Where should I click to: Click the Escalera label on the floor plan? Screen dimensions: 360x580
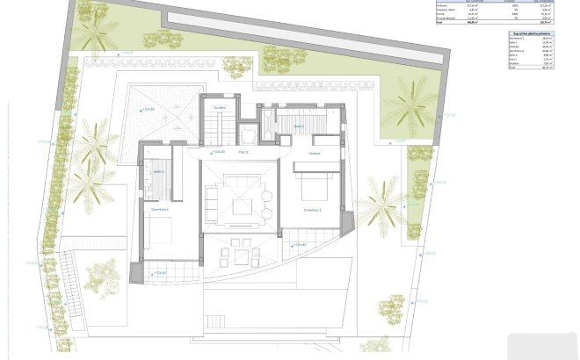point(221,108)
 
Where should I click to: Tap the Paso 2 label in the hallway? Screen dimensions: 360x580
point(243,153)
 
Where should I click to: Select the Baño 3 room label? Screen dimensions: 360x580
point(299,126)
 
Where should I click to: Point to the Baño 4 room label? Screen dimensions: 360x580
point(160,171)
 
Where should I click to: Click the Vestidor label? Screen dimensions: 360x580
point(314,154)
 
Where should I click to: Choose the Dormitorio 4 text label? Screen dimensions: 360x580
point(159,209)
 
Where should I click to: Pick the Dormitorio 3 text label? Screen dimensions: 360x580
point(313,210)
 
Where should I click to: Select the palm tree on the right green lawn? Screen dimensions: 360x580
point(410,103)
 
